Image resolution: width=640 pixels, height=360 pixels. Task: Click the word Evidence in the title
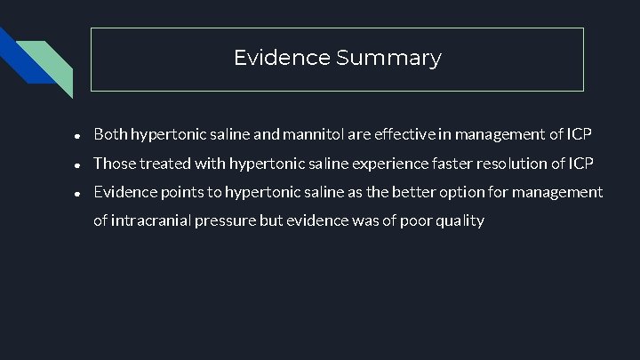point(282,59)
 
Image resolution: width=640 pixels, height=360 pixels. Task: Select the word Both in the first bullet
point(110,135)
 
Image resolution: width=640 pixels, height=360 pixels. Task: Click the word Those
point(114,164)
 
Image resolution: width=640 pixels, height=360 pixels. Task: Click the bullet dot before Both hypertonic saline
point(79,136)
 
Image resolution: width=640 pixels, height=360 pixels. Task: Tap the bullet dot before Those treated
point(79,164)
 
